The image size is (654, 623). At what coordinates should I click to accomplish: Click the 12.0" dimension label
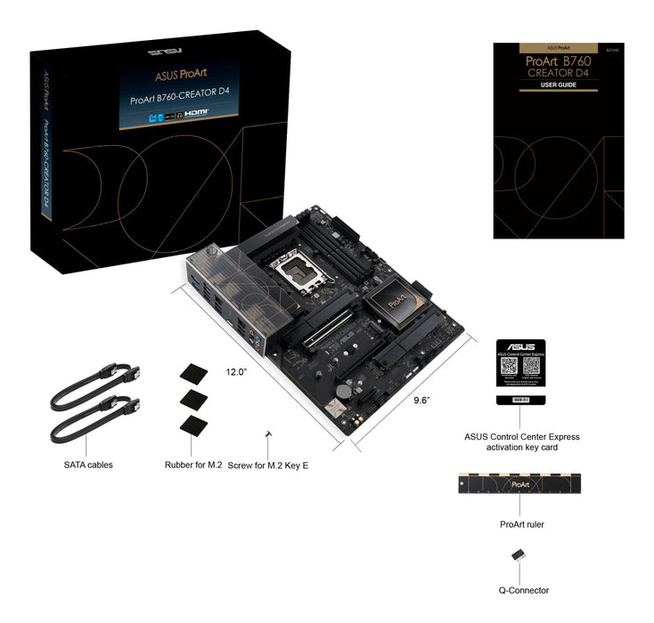pyautogui.click(x=235, y=372)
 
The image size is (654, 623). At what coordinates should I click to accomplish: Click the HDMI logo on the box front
pyautogui.click(x=193, y=115)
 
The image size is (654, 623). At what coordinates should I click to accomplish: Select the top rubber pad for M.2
pyautogui.click(x=192, y=372)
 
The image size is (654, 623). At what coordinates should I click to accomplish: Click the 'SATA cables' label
pyautogui.click(x=88, y=465)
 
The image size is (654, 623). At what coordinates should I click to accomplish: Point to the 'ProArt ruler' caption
pyautogui.click(x=521, y=524)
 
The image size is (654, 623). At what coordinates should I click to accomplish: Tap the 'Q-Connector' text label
pyautogui.click(x=523, y=590)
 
